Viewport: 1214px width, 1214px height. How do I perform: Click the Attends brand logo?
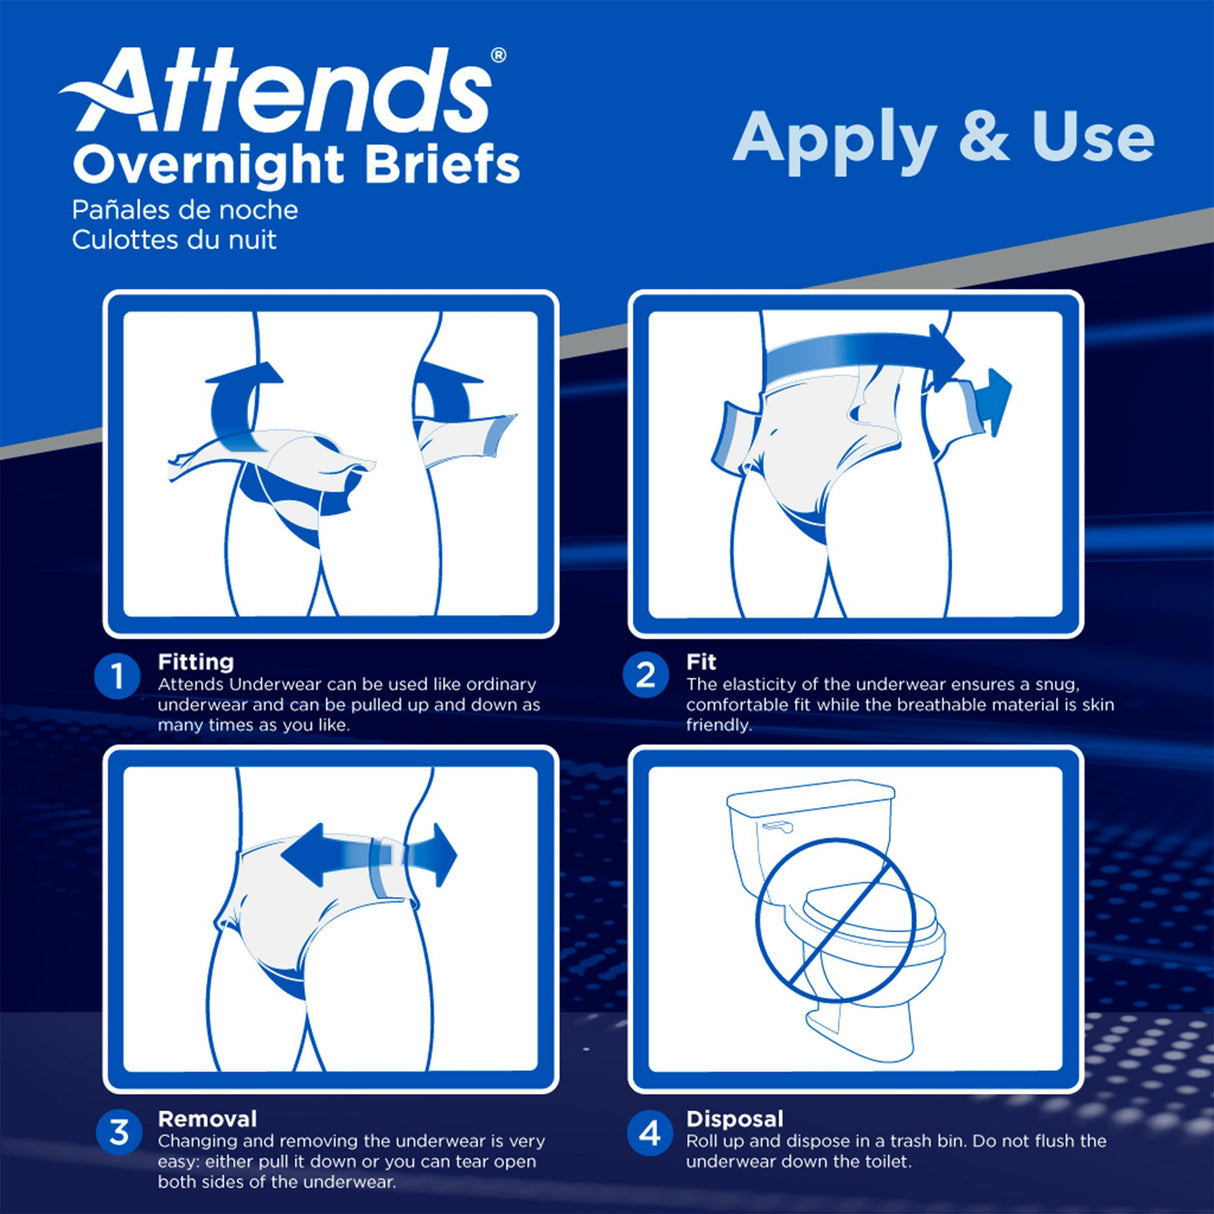(x=280, y=92)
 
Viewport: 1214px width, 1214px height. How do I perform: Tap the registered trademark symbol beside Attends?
(x=498, y=56)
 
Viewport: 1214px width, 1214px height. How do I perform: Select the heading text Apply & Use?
(x=943, y=138)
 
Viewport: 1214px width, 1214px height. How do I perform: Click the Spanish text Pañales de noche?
(x=185, y=210)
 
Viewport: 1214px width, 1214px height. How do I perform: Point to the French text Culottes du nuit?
(x=174, y=240)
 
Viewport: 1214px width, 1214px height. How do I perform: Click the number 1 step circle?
(x=117, y=677)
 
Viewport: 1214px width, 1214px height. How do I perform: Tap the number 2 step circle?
(x=646, y=675)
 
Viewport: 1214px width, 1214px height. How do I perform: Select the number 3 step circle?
(x=119, y=1132)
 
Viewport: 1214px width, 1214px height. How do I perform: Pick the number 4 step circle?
(x=650, y=1133)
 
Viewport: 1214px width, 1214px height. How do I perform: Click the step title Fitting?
(x=196, y=662)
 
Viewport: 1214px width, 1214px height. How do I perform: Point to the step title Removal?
(x=207, y=1119)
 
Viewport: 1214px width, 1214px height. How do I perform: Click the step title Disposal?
(x=735, y=1119)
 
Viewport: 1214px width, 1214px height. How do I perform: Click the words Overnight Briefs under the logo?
(x=296, y=165)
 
